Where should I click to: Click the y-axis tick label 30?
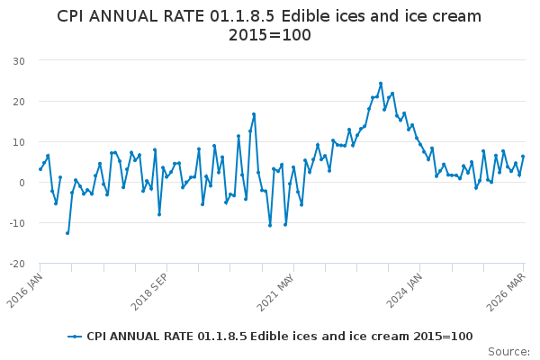pos(18,60)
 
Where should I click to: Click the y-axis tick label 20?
pos(18,101)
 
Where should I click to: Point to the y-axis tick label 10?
pos(18,141)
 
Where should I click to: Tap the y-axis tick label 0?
pos(21,183)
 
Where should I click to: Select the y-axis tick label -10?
pos(16,223)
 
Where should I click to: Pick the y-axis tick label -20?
pos(16,264)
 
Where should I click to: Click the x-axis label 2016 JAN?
pos(28,291)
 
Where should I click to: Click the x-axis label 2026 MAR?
pos(510,291)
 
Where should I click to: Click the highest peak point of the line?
pos(381,84)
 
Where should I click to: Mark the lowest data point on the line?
pos(67,233)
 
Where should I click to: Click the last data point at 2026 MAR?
pos(523,157)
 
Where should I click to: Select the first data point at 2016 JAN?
pos(40,169)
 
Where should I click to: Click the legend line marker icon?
pos(75,337)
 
